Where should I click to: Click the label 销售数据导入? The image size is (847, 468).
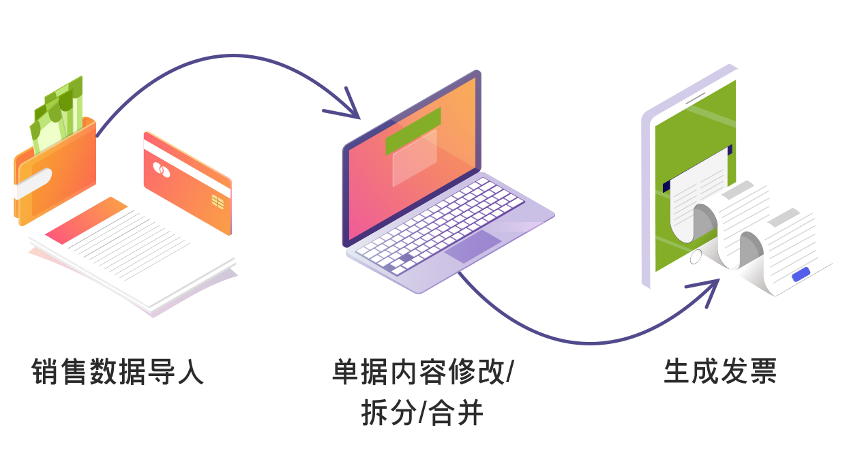117,372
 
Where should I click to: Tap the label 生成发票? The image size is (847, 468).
720,372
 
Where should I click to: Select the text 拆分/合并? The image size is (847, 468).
422,414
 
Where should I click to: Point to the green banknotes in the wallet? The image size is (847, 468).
57,113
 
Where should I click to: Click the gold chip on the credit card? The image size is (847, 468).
218,202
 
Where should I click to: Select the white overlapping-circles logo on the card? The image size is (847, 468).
161,170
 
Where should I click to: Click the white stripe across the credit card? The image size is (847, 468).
187,169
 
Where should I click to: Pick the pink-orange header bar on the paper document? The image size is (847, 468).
86,220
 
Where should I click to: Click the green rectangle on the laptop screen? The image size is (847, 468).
413,131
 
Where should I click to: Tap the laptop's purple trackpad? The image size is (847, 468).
473,247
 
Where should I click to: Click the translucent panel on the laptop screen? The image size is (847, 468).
415,158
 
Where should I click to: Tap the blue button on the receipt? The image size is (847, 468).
801,274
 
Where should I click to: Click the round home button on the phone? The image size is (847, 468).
696,257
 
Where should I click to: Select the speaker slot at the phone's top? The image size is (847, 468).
696,98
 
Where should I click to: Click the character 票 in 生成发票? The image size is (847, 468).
763,372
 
